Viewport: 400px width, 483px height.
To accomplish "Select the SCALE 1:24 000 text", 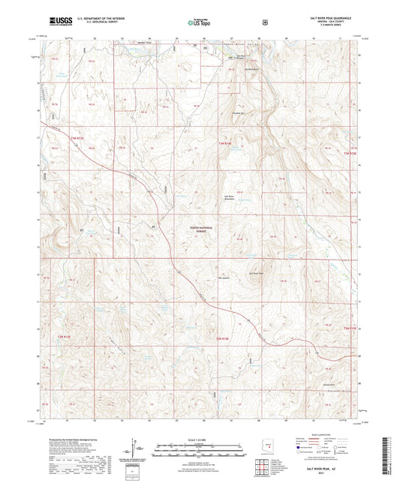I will pyautogui.click(x=200, y=438).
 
